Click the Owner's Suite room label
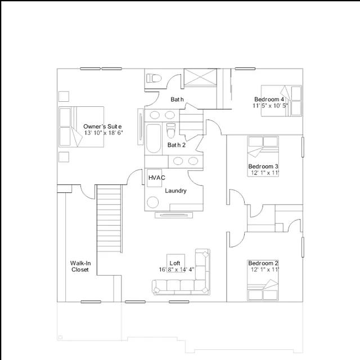tap(102, 127)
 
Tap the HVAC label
tap(157, 178)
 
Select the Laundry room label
tap(175, 191)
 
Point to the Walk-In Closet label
tap(80, 266)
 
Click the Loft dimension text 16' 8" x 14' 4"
tap(177, 269)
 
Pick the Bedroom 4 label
tap(269, 100)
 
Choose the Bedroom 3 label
tap(263, 166)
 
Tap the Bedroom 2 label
tap(263, 263)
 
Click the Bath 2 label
tap(177, 145)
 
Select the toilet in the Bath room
tap(154, 78)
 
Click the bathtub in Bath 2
tap(154, 138)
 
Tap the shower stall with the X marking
tap(200, 78)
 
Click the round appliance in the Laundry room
tap(152, 202)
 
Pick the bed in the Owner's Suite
tap(81, 127)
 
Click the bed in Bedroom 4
tap(281, 101)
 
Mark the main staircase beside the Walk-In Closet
tap(109, 219)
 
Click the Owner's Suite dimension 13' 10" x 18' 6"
tap(103, 133)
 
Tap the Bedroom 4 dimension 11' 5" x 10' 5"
tap(270, 106)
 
